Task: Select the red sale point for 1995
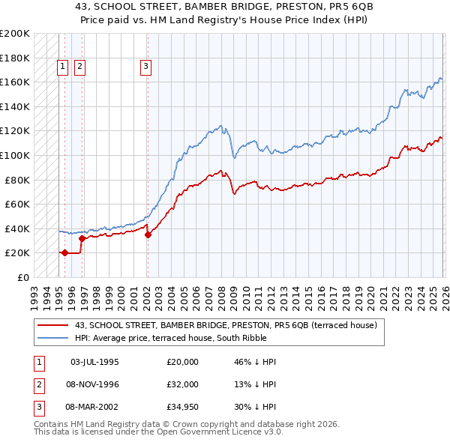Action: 64,253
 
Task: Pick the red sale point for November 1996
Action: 82,238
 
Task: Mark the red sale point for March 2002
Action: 148,234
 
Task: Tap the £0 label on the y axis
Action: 22,277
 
